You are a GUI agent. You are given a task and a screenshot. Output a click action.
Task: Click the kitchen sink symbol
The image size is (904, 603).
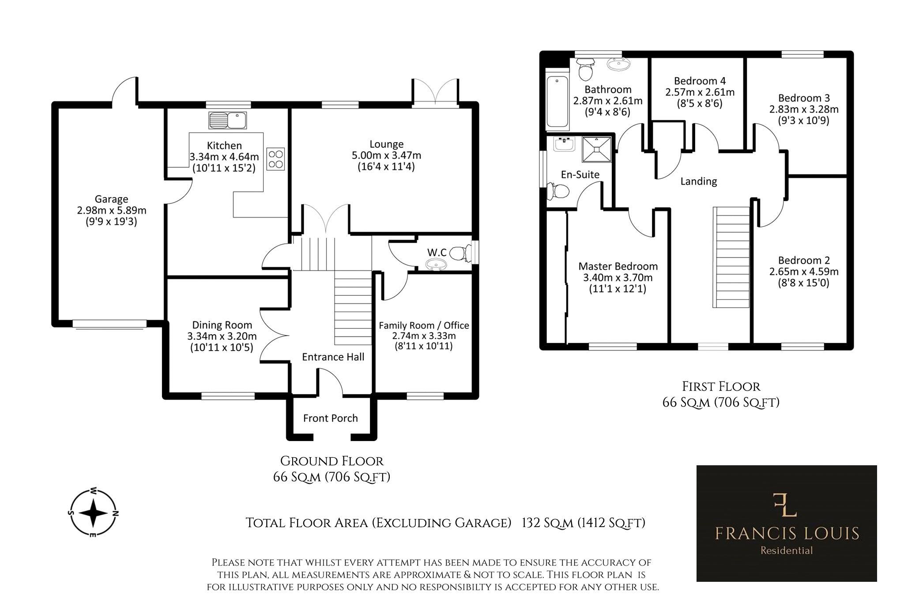point(227,120)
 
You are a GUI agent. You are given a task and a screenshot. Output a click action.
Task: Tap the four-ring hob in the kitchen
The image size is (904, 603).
point(276,159)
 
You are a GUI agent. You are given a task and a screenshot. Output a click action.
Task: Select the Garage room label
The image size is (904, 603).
point(111,199)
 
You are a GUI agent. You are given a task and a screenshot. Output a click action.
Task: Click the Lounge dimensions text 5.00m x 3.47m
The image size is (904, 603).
point(386,155)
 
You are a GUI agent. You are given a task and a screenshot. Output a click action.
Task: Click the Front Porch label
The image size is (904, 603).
point(330,418)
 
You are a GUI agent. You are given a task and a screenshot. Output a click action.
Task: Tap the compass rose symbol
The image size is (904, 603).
point(93,513)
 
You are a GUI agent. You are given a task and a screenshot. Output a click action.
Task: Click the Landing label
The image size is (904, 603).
point(698,181)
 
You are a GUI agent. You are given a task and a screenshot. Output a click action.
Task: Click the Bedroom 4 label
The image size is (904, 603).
point(700,81)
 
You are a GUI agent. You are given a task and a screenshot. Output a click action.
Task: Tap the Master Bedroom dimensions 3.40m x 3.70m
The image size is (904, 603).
point(618,278)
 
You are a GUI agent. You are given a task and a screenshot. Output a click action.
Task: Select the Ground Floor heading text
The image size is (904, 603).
point(332,461)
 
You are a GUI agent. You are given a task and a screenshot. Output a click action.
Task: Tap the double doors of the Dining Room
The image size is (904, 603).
point(272,335)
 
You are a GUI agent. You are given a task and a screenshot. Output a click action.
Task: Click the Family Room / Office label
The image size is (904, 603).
point(424,325)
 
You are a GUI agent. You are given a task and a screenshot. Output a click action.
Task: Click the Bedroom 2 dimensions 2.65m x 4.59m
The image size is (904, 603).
point(803,271)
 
